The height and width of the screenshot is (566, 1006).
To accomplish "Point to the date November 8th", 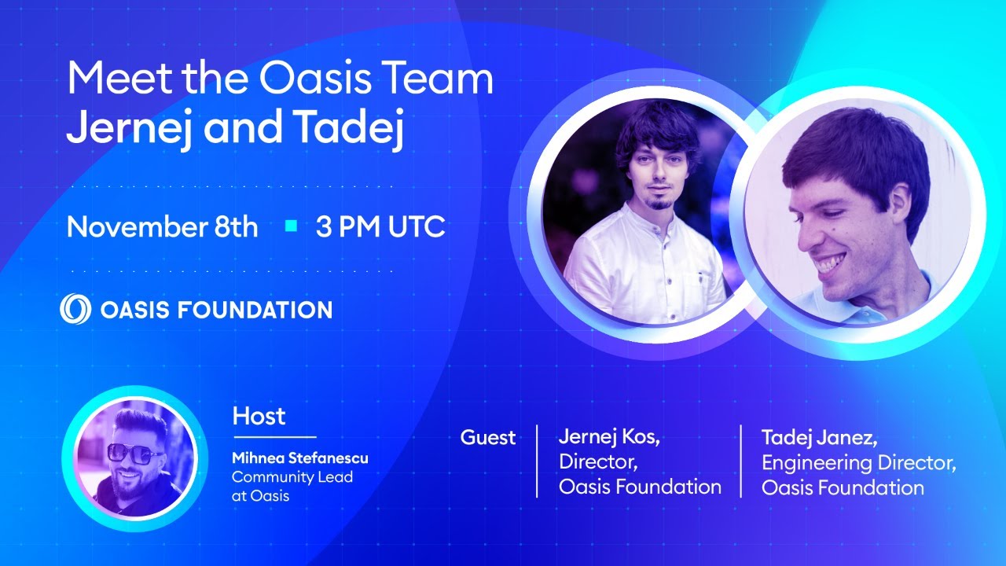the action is [x=162, y=226].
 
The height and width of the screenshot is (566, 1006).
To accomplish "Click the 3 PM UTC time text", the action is [x=380, y=226].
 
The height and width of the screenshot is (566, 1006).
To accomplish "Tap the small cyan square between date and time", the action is [x=291, y=226].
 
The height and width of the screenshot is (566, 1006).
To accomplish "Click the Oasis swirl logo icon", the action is [x=75, y=309].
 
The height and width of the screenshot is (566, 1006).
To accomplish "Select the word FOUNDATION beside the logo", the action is [x=255, y=310].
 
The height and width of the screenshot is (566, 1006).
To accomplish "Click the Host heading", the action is [x=259, y=416].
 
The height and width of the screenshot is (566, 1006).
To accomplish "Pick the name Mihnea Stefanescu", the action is [x=299, y=458].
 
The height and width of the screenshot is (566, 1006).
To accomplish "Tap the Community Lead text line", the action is [x=292, y=477].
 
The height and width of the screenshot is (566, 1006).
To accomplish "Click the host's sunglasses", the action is [x=130, y=453].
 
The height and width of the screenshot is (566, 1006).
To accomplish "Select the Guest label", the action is [x=488, y=438].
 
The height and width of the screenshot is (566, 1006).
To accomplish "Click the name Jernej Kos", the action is [x=609, y=436].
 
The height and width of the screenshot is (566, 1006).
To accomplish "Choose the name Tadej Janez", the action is [x=819, y=438].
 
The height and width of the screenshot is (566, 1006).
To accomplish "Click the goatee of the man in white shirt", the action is [x=659, y=204].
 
